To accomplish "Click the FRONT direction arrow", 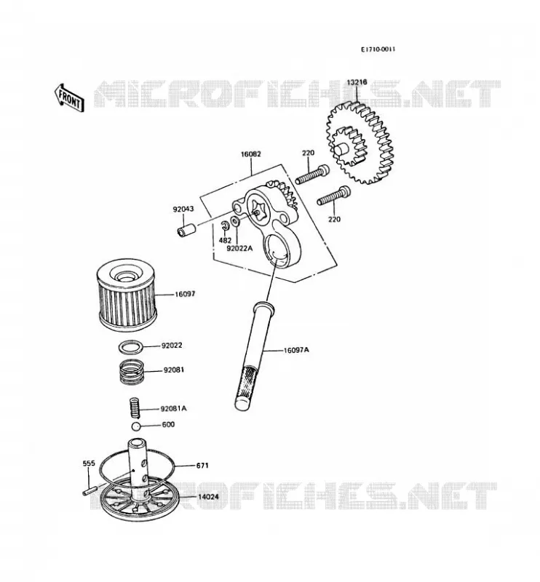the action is [69, 98].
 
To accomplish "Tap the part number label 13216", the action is [357, 82].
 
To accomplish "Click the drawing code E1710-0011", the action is [378, 49].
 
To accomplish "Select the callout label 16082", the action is [251, 154].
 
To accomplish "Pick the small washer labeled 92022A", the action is [236, 222].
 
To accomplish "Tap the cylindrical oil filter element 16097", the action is [127, 293].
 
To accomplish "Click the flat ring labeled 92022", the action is [130, 347].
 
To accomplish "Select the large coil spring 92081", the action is [131, 373].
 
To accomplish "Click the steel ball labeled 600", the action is [136, 426].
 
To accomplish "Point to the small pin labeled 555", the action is [89, 490].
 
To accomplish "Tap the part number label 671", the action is [202, 465].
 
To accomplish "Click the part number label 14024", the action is [208, 497].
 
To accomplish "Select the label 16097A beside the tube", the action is [296, 350].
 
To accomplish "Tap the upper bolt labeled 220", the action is [312, 175].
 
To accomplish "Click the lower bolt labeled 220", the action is [333, 196].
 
